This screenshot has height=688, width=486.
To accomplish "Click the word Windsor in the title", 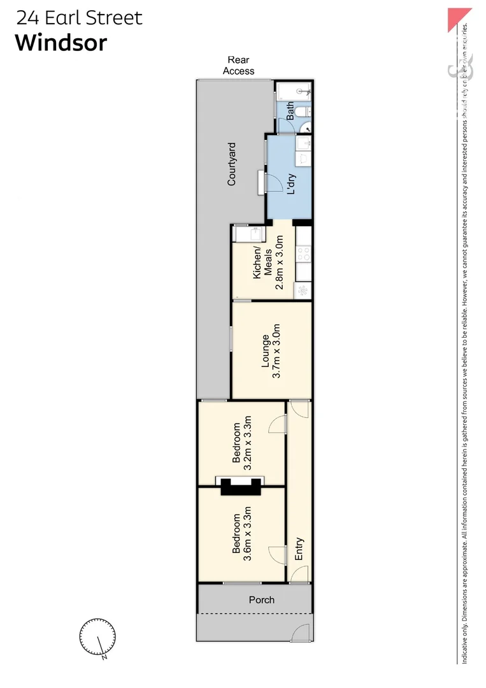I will click(x=61, y=43).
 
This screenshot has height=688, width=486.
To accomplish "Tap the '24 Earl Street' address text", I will click(x=79, y=17).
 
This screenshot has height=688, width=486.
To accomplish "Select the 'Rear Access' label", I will click(x=238, y=66).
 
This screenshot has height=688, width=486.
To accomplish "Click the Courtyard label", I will click(x=232, y=164).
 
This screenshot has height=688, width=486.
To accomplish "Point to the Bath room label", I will click(x=290, y=111).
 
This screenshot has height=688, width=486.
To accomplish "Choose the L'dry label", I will click(x=292, y=183).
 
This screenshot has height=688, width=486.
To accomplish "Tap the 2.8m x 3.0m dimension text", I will click(x=279, y=262).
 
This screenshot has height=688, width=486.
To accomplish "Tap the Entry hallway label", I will click(x=299, y=548).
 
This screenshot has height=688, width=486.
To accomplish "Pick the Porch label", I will click(x=261, y=599).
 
